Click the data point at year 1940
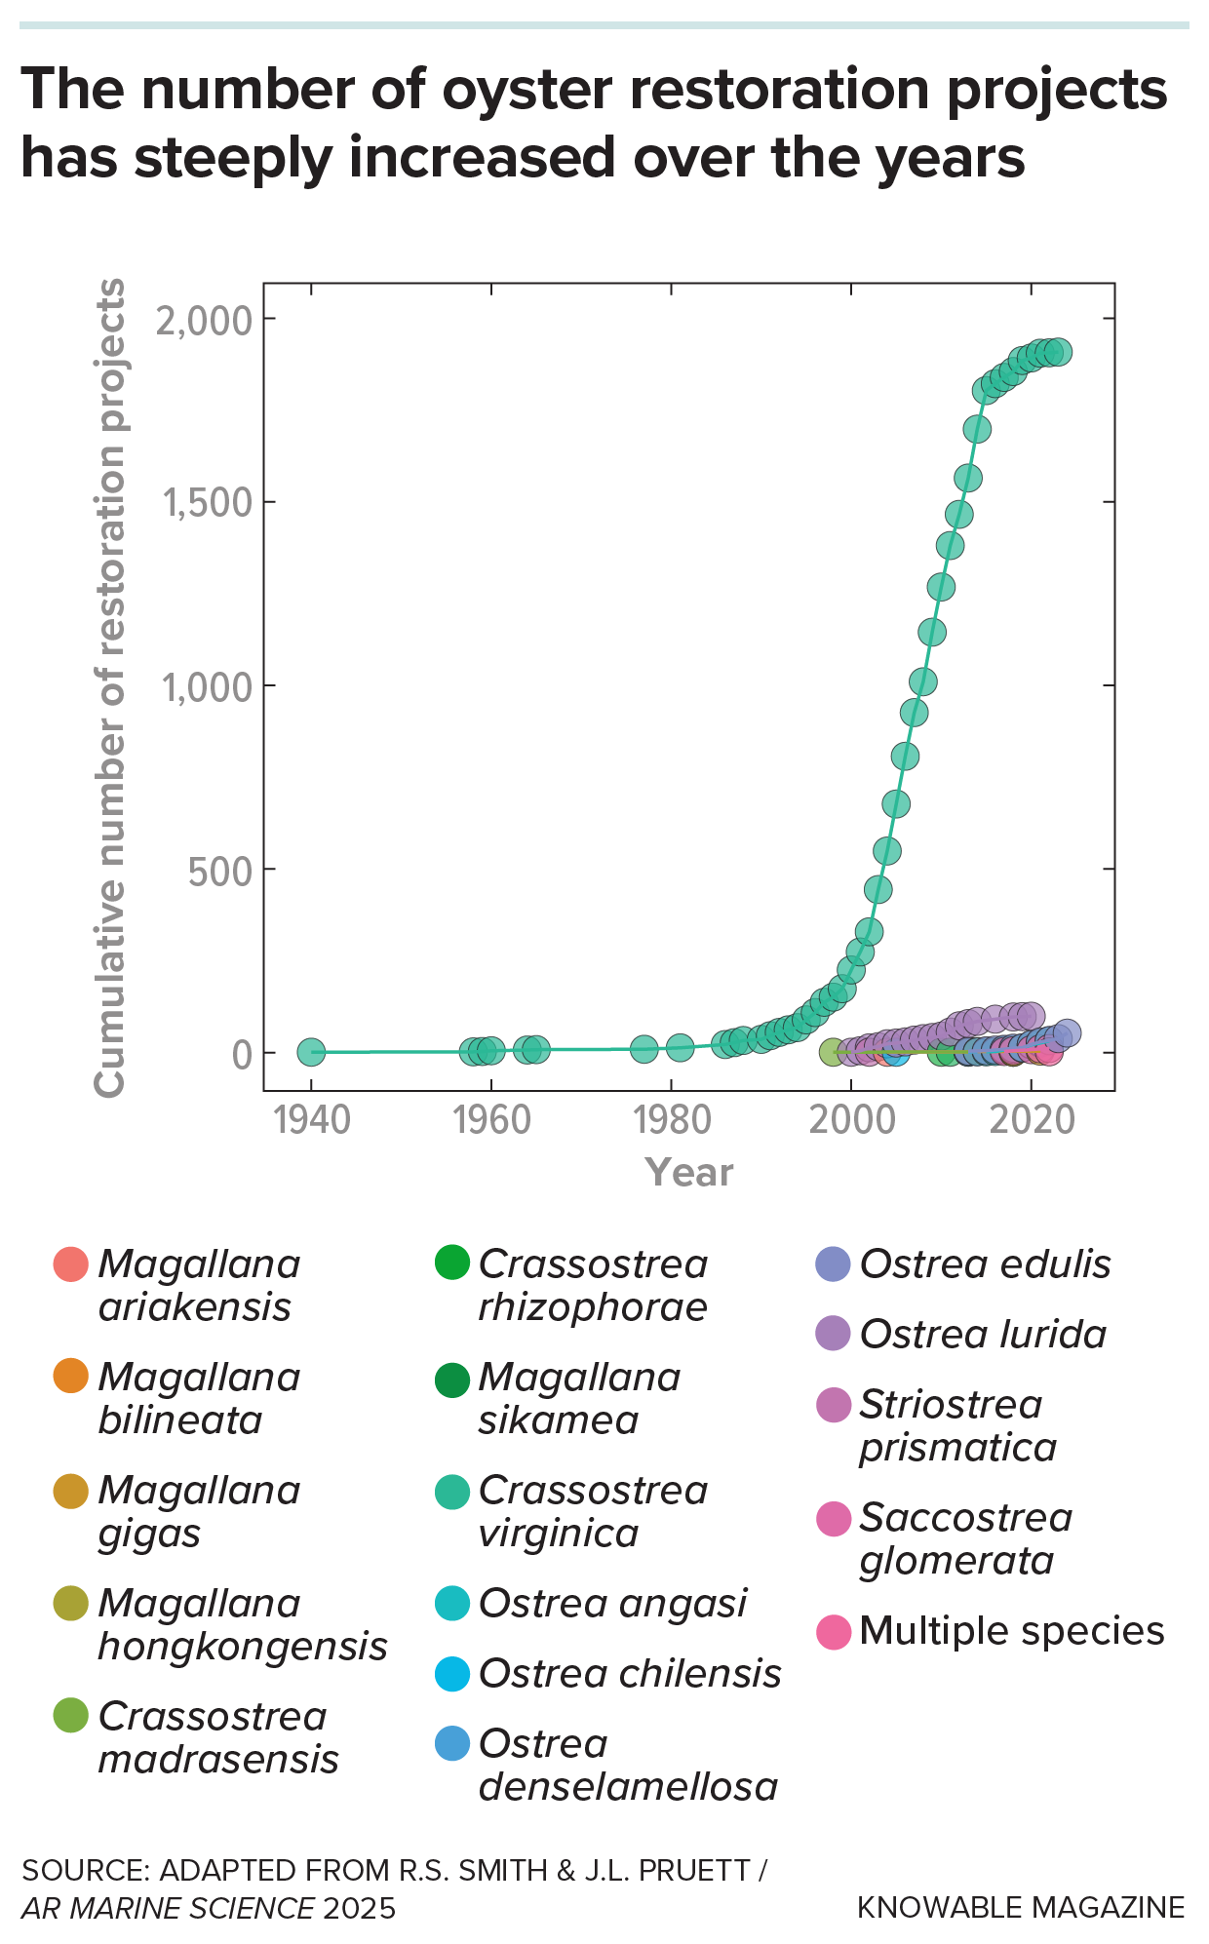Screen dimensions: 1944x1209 310,1052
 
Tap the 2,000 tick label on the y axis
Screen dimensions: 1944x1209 204,320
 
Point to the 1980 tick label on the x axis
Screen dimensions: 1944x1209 671,1120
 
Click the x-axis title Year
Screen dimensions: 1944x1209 688,1172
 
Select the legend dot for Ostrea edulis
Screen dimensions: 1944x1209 833,1264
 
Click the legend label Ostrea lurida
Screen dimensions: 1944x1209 983,1334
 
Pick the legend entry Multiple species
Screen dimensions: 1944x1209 1011,1630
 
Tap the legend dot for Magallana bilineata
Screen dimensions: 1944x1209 71,1377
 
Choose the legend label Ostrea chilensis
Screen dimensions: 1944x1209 630,1673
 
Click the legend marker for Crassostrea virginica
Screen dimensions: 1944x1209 452,1490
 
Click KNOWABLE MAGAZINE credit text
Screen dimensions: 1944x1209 1020,1907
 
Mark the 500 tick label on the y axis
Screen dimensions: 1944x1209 219,871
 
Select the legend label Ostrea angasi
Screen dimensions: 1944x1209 612,1603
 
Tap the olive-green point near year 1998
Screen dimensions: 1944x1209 832,1052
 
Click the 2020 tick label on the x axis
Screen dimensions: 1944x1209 1032,1120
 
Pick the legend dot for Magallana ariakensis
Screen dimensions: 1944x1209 71,1264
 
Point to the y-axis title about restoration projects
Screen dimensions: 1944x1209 109,687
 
